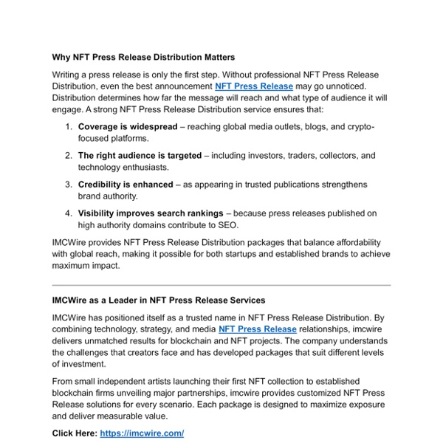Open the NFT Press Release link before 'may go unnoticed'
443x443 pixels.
click(x=253, y=86)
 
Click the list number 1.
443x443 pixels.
click(x=68, y=127)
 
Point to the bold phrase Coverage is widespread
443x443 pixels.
click(x=128, y=127)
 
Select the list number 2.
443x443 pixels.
click(x=68, y=156)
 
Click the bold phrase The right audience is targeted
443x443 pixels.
click(x=140, y=156)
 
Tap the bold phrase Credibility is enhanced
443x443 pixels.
click(x=126, y=185)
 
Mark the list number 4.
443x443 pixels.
click(x=68, y=213)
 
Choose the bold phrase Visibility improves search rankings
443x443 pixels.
click(x=154, y=213)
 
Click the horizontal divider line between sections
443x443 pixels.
click(x=221, y=285)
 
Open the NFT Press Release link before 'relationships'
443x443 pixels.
click(x=257, y=329)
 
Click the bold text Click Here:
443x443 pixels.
click(x=75, y=433)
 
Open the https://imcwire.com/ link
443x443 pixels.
click(x=141, y=433)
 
